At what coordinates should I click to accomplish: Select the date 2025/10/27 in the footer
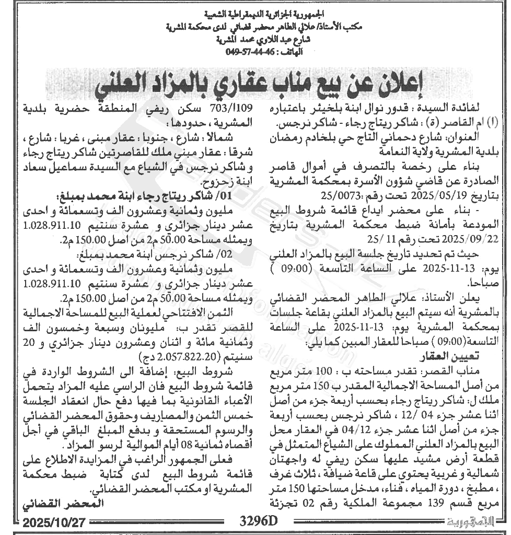(x=58, y=521)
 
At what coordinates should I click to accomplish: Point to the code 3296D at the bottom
(x=258, y=521)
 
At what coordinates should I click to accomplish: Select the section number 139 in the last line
(x=416, y=504)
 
